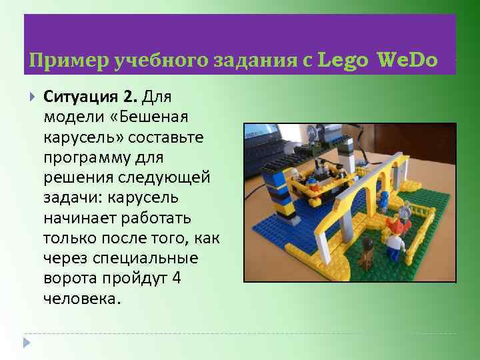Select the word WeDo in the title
(x=407, y=61)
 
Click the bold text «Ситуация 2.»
(x=90, y=99)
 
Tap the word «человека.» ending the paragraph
(x=83, y=299)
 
